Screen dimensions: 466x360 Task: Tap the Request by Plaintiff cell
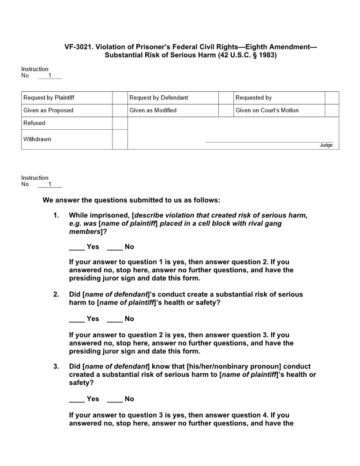[67, 98]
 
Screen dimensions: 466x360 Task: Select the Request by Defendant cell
[172, 98]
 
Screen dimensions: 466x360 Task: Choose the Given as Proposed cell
[67, 110]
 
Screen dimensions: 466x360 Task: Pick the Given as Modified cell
[172, 110]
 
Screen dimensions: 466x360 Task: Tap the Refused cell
[67, 123]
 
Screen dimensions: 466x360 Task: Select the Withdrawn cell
[67, 139]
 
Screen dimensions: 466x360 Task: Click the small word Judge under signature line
[326, 145]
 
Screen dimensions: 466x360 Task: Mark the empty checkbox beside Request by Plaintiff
[120, 98]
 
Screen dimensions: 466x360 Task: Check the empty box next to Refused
[120, 123]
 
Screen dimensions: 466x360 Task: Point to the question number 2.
[56, 294]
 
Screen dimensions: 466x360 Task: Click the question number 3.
[56, 367]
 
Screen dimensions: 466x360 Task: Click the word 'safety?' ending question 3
[82, 383]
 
